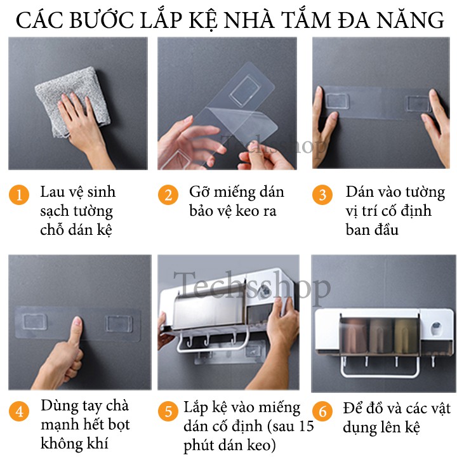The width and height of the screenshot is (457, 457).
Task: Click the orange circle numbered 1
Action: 19,195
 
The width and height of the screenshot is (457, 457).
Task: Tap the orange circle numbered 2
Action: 168,195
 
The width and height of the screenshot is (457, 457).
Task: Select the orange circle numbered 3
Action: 322,195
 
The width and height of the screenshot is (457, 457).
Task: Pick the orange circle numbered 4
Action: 19,411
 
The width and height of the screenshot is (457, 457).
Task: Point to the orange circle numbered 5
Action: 168,411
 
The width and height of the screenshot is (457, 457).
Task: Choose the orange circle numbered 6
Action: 322,411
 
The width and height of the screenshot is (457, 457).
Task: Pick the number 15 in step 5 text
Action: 306,426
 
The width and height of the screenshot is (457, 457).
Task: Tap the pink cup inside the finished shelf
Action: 354,336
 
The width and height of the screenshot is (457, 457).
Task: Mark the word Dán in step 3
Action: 357,192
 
